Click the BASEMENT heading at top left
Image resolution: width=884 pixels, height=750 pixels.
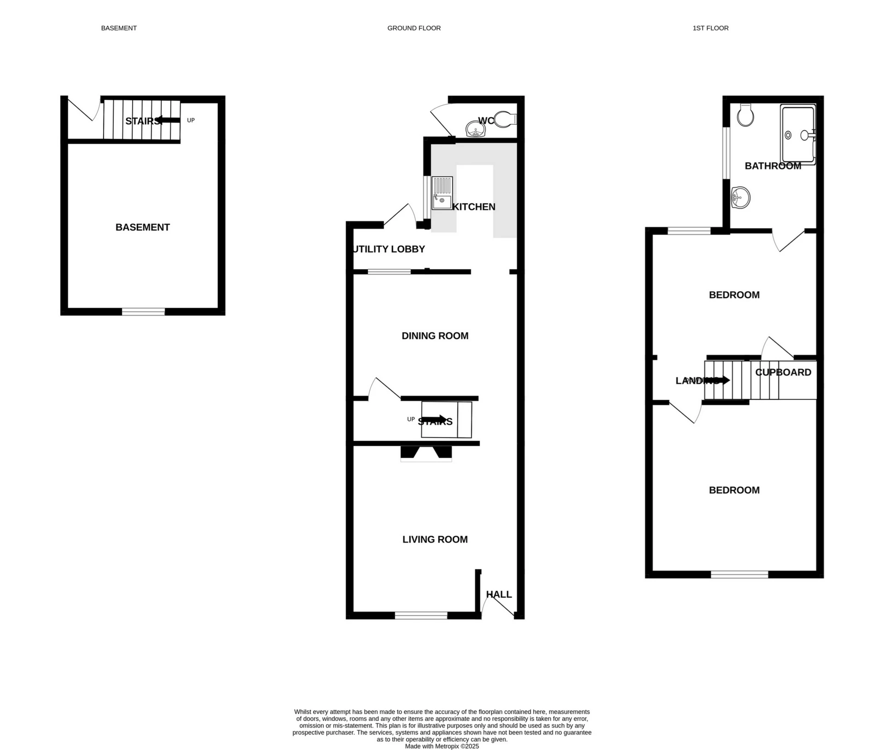coord(119,28)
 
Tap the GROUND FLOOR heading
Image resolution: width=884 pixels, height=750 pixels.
coord(414,28)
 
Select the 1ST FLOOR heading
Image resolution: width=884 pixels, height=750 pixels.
coord(710,28)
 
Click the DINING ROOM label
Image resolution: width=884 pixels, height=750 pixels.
coord(435,336)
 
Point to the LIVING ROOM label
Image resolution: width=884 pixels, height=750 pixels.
coord(435,539)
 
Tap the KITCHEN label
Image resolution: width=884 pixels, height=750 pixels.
coord(474,207)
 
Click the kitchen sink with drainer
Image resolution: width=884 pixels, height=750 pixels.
coord(442,193)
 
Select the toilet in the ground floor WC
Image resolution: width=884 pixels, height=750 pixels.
coord(505,119)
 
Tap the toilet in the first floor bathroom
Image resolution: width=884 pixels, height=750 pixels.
coord(745,115)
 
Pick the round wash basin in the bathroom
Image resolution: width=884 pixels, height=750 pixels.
coord(740,198)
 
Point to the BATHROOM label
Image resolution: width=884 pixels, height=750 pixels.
coord(773,166)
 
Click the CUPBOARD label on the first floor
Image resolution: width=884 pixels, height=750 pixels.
coord(783,372)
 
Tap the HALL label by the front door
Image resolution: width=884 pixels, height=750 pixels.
coord(499,594)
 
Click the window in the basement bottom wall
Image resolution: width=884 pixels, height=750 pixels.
coord(143,312)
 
